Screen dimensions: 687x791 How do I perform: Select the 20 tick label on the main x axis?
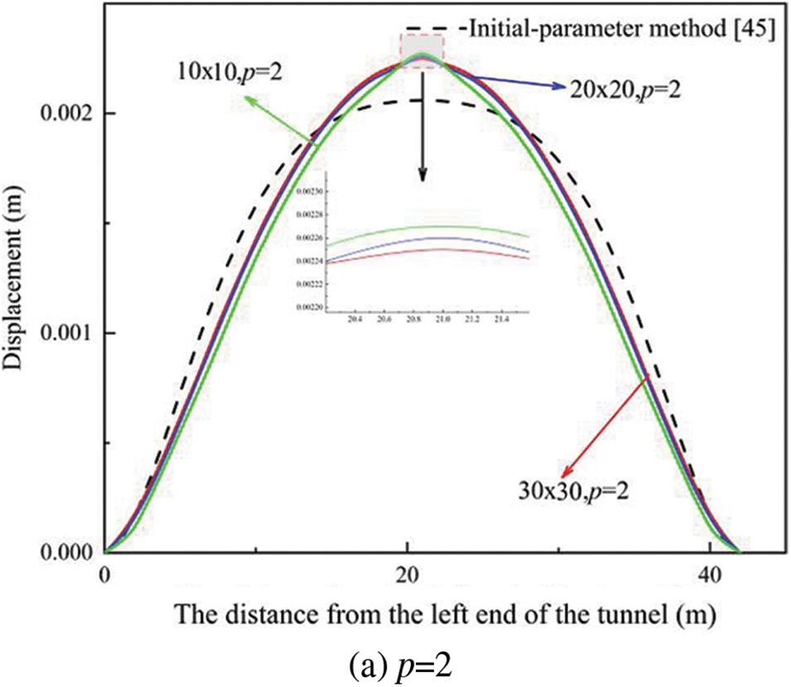coord(407,575)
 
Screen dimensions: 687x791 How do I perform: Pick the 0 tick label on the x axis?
coord(104,575)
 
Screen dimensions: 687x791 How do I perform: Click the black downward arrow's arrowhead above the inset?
coord(422,175)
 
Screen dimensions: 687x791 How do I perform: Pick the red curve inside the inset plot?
coord(431,249)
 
